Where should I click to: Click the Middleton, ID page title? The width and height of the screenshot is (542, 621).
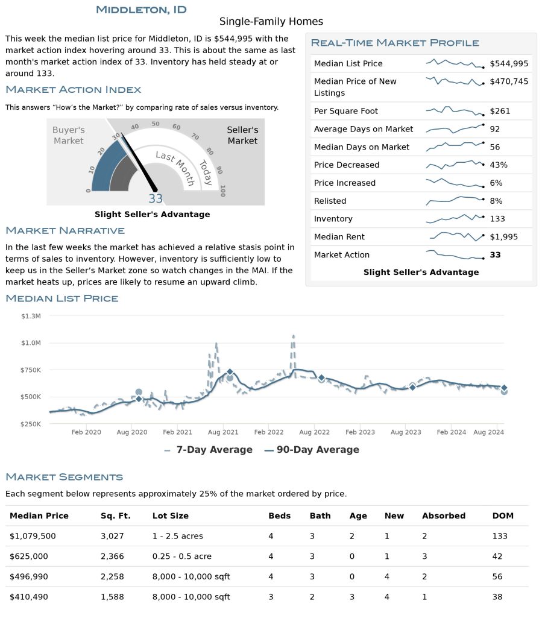click(x=141, y=10)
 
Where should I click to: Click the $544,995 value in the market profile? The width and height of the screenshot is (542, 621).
click(x=509, y=63)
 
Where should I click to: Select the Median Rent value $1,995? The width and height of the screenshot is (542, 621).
click(x=503, y=237)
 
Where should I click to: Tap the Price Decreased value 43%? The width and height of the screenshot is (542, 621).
click(x=499, y=165)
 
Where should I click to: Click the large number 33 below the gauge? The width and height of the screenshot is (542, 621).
click(x=156, y=199)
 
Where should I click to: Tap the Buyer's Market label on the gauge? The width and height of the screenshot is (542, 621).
click(x=68, y=136)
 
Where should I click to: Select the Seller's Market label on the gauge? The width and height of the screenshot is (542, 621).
click(x=242, y=136)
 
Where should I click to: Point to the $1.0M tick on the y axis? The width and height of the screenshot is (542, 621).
click(x=30, y=343)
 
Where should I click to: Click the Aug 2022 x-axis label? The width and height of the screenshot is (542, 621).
click(x=314, y=432)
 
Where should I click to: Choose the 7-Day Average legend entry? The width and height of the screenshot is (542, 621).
click(x=208, y=450)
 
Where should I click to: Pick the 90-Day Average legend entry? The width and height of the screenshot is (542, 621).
click(x=312, y=450)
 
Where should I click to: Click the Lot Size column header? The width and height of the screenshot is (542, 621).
click(x=170, y=516)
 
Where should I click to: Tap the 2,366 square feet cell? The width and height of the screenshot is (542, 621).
click(x=112, y=556)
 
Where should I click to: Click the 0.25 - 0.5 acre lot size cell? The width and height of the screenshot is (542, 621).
click(x=181, y=556)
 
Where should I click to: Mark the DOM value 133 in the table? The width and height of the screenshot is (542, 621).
click(x=500, y=536)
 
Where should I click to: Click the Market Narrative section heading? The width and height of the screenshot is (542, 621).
click(x=65, y=231)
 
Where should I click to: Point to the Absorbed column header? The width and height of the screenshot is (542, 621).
click(x=444, y=516)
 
